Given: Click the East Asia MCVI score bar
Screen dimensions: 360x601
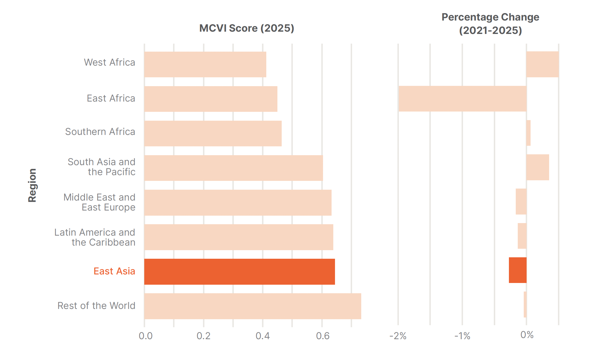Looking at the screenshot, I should (x=239, y=272).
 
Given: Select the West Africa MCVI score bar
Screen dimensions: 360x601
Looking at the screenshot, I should (x=205, y=64).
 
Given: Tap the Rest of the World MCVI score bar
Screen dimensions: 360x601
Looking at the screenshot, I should (x=253, y=306).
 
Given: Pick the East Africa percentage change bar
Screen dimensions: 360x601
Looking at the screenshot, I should (x=462, y=99).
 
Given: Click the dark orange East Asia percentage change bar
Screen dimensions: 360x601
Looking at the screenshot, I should (x=518, y=270).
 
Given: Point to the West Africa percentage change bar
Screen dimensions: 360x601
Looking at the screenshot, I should (x=542, y=64).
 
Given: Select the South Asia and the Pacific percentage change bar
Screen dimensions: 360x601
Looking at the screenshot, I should (x=537, y=167).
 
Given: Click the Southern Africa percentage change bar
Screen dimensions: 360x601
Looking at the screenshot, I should (x=528, y=133).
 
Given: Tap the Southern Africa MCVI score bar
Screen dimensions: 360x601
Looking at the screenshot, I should (x=213, y=134).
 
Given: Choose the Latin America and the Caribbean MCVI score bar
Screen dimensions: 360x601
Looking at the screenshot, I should (x=239, y=237).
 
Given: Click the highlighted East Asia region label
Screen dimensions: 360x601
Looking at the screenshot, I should (x=114, y=271).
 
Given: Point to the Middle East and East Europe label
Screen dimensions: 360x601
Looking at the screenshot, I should (x=100, y=202).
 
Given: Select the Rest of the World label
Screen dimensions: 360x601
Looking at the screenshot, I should (x=96, y=306).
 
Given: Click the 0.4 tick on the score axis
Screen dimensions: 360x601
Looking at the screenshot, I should (x=263, y=336).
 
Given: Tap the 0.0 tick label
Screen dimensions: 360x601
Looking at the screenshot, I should (x=145, y=336).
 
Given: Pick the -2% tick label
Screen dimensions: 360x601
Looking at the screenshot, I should (x=398, y=336).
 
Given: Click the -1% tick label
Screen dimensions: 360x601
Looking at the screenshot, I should (x=462, y=336).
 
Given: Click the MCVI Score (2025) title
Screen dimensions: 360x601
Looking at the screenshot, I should (x=247, y=28).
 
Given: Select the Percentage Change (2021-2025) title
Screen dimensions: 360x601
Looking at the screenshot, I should (x=490, y=24).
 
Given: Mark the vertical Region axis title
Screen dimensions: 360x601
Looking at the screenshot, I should (x=32, y=185).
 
